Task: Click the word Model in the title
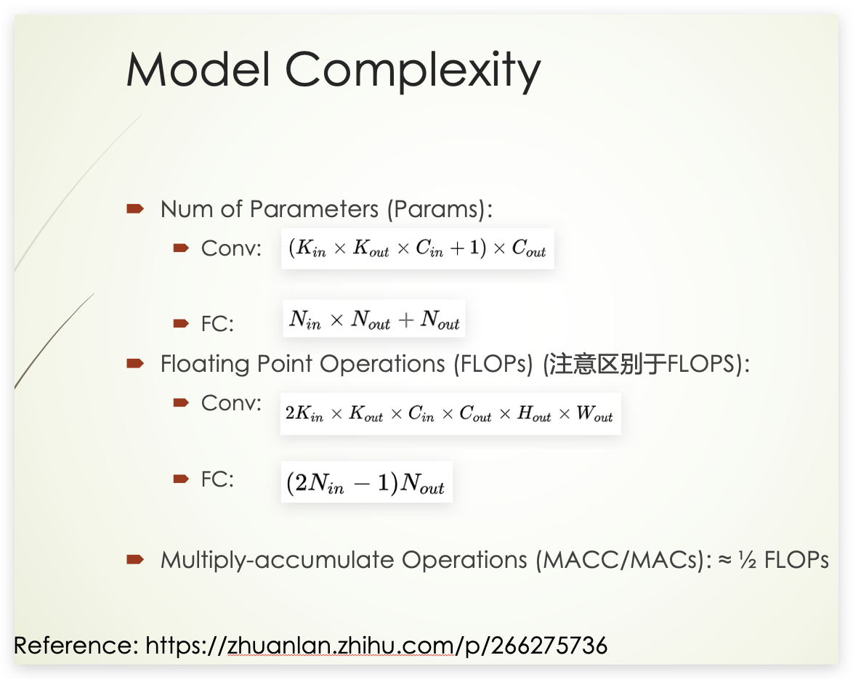click(198, 70)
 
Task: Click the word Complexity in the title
click(412, 71)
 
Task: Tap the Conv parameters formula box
click(417, 248)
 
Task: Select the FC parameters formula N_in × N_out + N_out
click(373, 320)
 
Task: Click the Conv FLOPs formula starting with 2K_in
click(450, 414)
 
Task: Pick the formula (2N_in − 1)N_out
click(365, 484)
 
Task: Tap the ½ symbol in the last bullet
click(745, 560)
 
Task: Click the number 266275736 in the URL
click(549, 645)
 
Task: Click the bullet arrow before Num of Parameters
click(134, 209)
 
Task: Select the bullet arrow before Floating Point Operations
click(134, 363)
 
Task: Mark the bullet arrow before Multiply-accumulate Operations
click(134, 559)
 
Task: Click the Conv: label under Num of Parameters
click(231, 248)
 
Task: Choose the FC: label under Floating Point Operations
click(217, 479)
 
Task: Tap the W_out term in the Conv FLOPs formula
click(594, 415)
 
